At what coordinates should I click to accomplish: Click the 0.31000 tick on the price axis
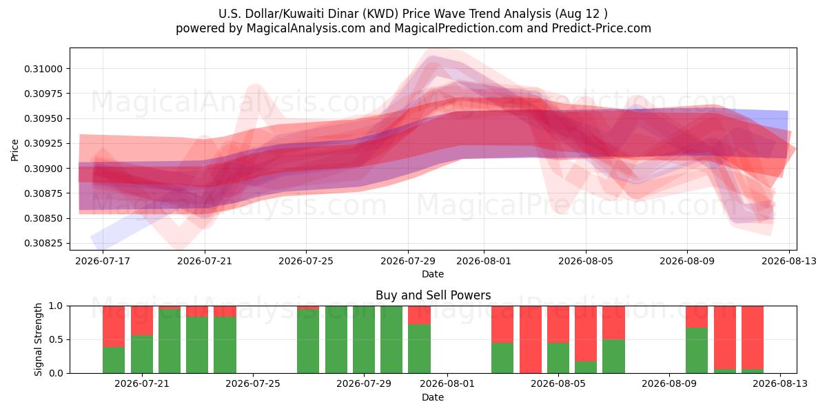tap(43, 69)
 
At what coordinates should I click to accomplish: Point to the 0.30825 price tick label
tap(43, 244)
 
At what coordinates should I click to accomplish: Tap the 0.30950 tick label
tap(43, 118)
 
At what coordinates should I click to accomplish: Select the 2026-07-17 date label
tap(103, 262)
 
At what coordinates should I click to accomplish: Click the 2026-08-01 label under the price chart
tap(484, 262)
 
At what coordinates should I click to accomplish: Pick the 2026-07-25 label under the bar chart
tap(253, 384)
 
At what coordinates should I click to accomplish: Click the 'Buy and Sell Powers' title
tap(433, 295)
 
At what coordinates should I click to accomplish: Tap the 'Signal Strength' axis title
tap(39, 339)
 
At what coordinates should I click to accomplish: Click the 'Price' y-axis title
tap(14, 151)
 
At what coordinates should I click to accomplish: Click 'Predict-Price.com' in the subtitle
tap(602, 28)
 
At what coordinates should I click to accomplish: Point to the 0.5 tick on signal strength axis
tap(57, 339)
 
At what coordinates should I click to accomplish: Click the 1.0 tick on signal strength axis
tap(57, 306)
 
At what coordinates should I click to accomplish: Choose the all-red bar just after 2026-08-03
tap(531, 339)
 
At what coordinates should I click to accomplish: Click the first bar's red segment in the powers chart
tap(114, 326)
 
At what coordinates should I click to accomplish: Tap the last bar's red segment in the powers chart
tap(753, 337)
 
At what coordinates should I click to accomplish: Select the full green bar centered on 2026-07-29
tap(364, 339)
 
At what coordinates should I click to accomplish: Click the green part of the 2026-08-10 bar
tap(697, 350)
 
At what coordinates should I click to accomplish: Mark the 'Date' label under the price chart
tap(433, 275)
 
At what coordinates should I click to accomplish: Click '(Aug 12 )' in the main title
tap(581, 14)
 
